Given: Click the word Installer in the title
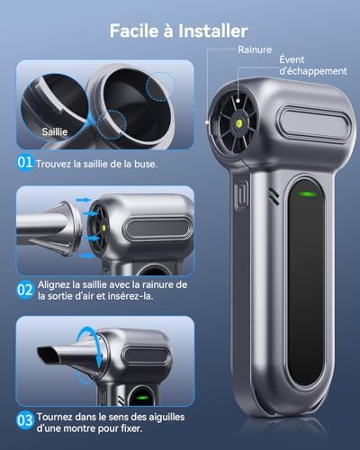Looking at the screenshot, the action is click(213, 31).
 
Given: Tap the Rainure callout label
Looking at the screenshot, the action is click(255, 49).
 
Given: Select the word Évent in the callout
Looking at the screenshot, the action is click(292, 59).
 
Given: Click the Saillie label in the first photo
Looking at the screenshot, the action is click(55, 131).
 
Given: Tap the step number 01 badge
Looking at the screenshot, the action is click(24, 162).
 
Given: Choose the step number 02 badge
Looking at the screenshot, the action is click(24, 290).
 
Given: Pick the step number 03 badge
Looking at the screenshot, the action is click(25, 420).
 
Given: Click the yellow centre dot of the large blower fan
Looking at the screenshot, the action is click(239, 122).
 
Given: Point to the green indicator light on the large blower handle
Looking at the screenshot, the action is click(307, 193).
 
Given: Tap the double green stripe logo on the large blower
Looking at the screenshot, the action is click(274, 196).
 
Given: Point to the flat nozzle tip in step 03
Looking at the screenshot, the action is click(46, 355).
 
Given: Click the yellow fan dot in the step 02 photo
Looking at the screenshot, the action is click(104, 228).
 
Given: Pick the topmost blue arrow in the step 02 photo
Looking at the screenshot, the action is click(84, 200).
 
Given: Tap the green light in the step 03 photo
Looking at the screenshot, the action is click(142, 398).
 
